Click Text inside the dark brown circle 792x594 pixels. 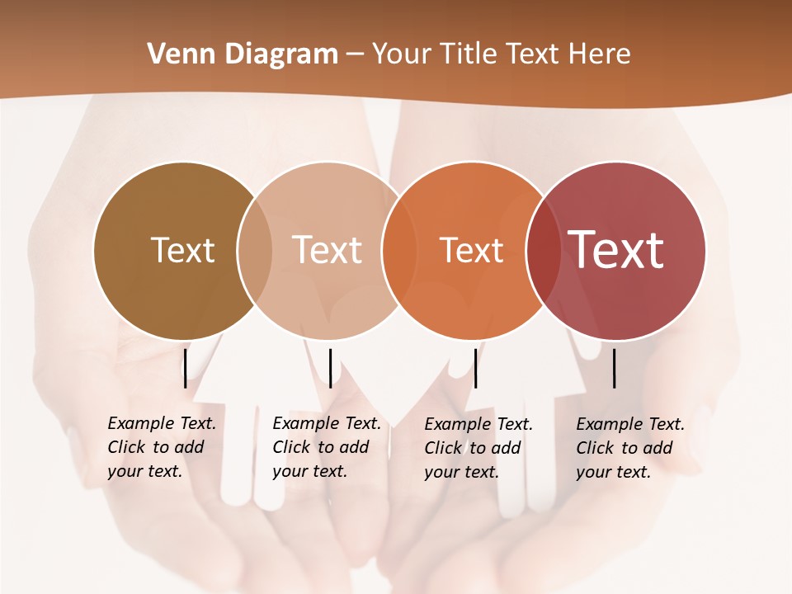click(182, 250)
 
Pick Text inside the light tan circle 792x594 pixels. click(328, 250)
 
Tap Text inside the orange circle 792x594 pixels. click(471, 250)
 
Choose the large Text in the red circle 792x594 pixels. click(616, 249)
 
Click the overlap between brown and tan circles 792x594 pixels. click(254, 250)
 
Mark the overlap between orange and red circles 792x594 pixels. click(543, 250)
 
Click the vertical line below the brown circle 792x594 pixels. click(186, 368)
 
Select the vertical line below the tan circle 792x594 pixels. click(330, 368)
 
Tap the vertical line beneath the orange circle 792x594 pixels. click(475, 368)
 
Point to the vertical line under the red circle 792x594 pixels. click(615, 368)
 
